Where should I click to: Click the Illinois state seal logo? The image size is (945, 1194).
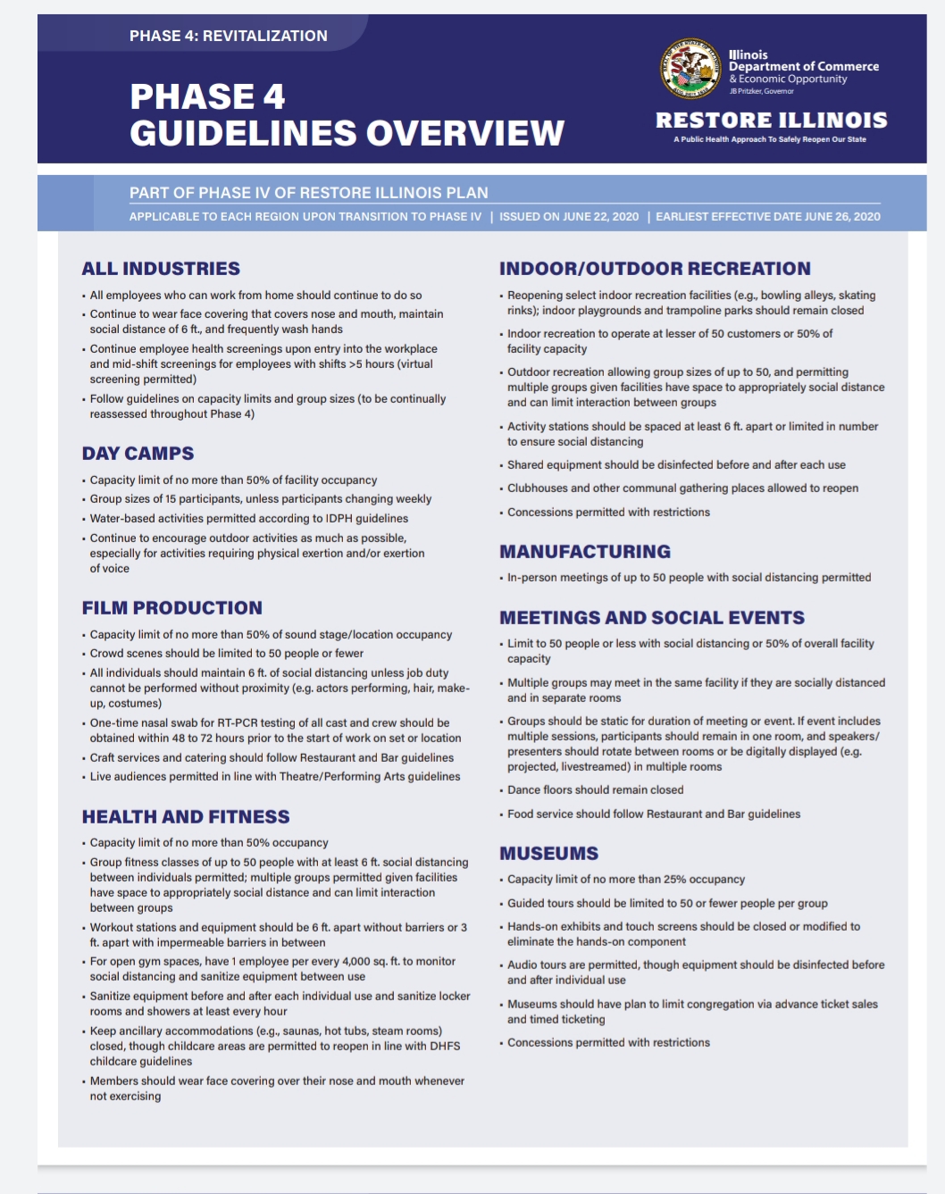pyautogui.click(x=690, y=69)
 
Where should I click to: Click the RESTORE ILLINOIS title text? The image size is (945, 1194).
pyautogui.click(x=771, y=120)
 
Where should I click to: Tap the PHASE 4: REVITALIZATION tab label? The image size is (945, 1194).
pyautogui.click(x=228, y=36)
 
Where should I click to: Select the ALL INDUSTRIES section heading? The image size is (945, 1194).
pyautogui.click(x=161, y=269)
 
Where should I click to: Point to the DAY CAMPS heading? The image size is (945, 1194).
pyautogui.click(x=138, y=454)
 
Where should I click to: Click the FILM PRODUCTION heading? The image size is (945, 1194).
pyautogui.click(x=171, y=608)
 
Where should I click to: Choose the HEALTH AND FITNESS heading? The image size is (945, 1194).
pyautogui.click(x=186, y=817)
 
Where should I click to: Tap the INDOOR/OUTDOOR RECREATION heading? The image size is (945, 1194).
pyautogui.click(x=655, y=269)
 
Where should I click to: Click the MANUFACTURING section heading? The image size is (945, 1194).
pyautogui.click(x=585, y=552)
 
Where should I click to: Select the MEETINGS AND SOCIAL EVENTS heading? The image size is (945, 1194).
pyautogui.click(x=652, y=618)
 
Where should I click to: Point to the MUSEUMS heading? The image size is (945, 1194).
pyautogui.click(x=548, y=854)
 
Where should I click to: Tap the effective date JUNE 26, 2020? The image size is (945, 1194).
pyautogui.click(x=842, y=217)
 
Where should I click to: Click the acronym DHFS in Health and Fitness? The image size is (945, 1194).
pyautogui.click(x=443, y=1047)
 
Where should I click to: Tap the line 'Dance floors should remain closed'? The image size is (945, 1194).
pyautogui.click(x=595, y=790)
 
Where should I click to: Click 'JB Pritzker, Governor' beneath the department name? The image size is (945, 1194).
pyautogui.click(x=761, y=91)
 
